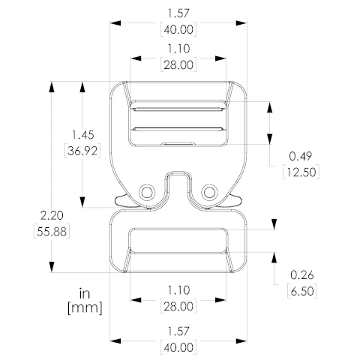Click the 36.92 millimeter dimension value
tap(82, 151)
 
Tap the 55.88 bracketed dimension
tap(52, 232)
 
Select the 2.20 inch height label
tap(52, 215)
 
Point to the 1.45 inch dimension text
tap(83, 135)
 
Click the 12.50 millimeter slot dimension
tap(301, 172)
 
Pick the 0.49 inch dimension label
tap(301, 156)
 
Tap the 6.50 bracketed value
tap(302, 291)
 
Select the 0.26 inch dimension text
tap(301, 275)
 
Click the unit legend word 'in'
tap(85, 293)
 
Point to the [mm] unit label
tap(85, 308)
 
